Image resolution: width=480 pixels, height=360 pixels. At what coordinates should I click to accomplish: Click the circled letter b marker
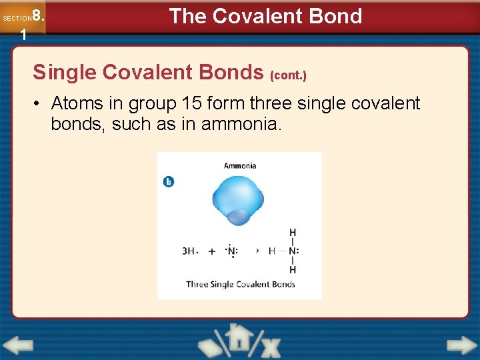(169, 181)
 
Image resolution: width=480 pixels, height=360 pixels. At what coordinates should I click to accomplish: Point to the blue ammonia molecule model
(238, 200)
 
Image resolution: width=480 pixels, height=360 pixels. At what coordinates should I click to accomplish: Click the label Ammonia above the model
(239, 165)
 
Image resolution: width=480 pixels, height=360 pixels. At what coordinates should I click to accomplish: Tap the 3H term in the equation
(189, 251)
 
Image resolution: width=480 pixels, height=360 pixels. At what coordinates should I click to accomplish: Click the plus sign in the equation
(211, 251)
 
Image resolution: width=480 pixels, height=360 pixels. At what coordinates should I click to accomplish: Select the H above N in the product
(292, 233)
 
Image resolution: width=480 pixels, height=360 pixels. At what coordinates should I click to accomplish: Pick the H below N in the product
(292, 269)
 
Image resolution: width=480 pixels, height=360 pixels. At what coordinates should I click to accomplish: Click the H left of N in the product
(272, 251)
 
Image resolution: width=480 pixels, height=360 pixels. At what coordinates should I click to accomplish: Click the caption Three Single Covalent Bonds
(240, 284)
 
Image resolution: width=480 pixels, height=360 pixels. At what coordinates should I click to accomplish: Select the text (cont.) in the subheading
(287, 75)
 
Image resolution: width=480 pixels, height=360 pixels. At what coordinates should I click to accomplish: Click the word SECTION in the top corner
(16, 19)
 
